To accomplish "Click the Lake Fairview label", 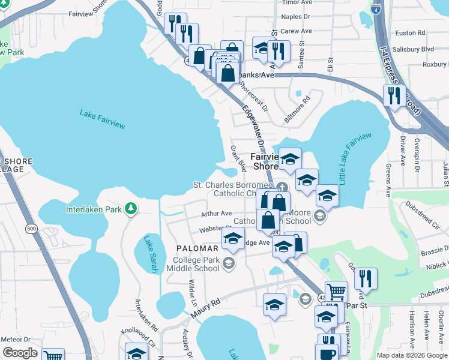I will pyautogui.click(x=103, y=118).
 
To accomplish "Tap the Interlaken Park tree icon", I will pyautogui.click(x=130, y=209).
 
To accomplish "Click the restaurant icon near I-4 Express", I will pyautogui.click(x=394, y=95).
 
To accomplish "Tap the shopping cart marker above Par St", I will pyautogui.click(x=336, y=291).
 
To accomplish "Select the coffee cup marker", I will pyautogui.click(x=327, y=353).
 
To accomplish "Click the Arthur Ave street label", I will pyautogui.click(x=216, y=214).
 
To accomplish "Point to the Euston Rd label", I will pyautogui.click(x=411, y=33).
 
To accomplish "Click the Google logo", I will pyautogui.click(x=20, y=352).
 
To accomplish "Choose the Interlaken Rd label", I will pyautogui.click(x=146, y=316).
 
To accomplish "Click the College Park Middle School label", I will pyautogui.click(x=196, y=264).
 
